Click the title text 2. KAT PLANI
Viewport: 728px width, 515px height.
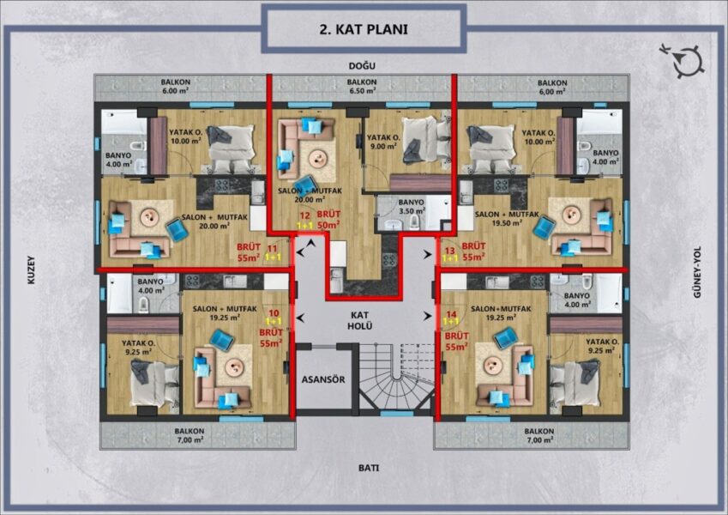coord(364,29)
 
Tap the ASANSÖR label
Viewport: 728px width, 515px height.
coord(323,379)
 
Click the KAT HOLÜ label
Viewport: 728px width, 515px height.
coord(360,321)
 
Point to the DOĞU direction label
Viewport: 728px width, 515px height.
coord(362,66)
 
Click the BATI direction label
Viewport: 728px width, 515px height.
coord(369,468)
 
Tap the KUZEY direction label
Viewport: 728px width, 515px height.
coord(31,270)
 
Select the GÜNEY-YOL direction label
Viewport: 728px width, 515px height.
coord(697,272)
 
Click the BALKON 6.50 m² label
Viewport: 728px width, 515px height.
coord(362,87)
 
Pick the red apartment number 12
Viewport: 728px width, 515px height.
coord(305,215)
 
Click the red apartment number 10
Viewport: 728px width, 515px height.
coord(274,314)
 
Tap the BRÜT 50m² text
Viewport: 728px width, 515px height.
coord(328,220)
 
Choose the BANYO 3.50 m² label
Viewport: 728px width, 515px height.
coord(412,207)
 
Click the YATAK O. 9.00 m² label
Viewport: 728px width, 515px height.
coord(383,142)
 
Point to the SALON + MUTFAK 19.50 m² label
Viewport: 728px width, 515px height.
coord(507,219)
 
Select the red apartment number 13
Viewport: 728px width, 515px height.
coord(450,251)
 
